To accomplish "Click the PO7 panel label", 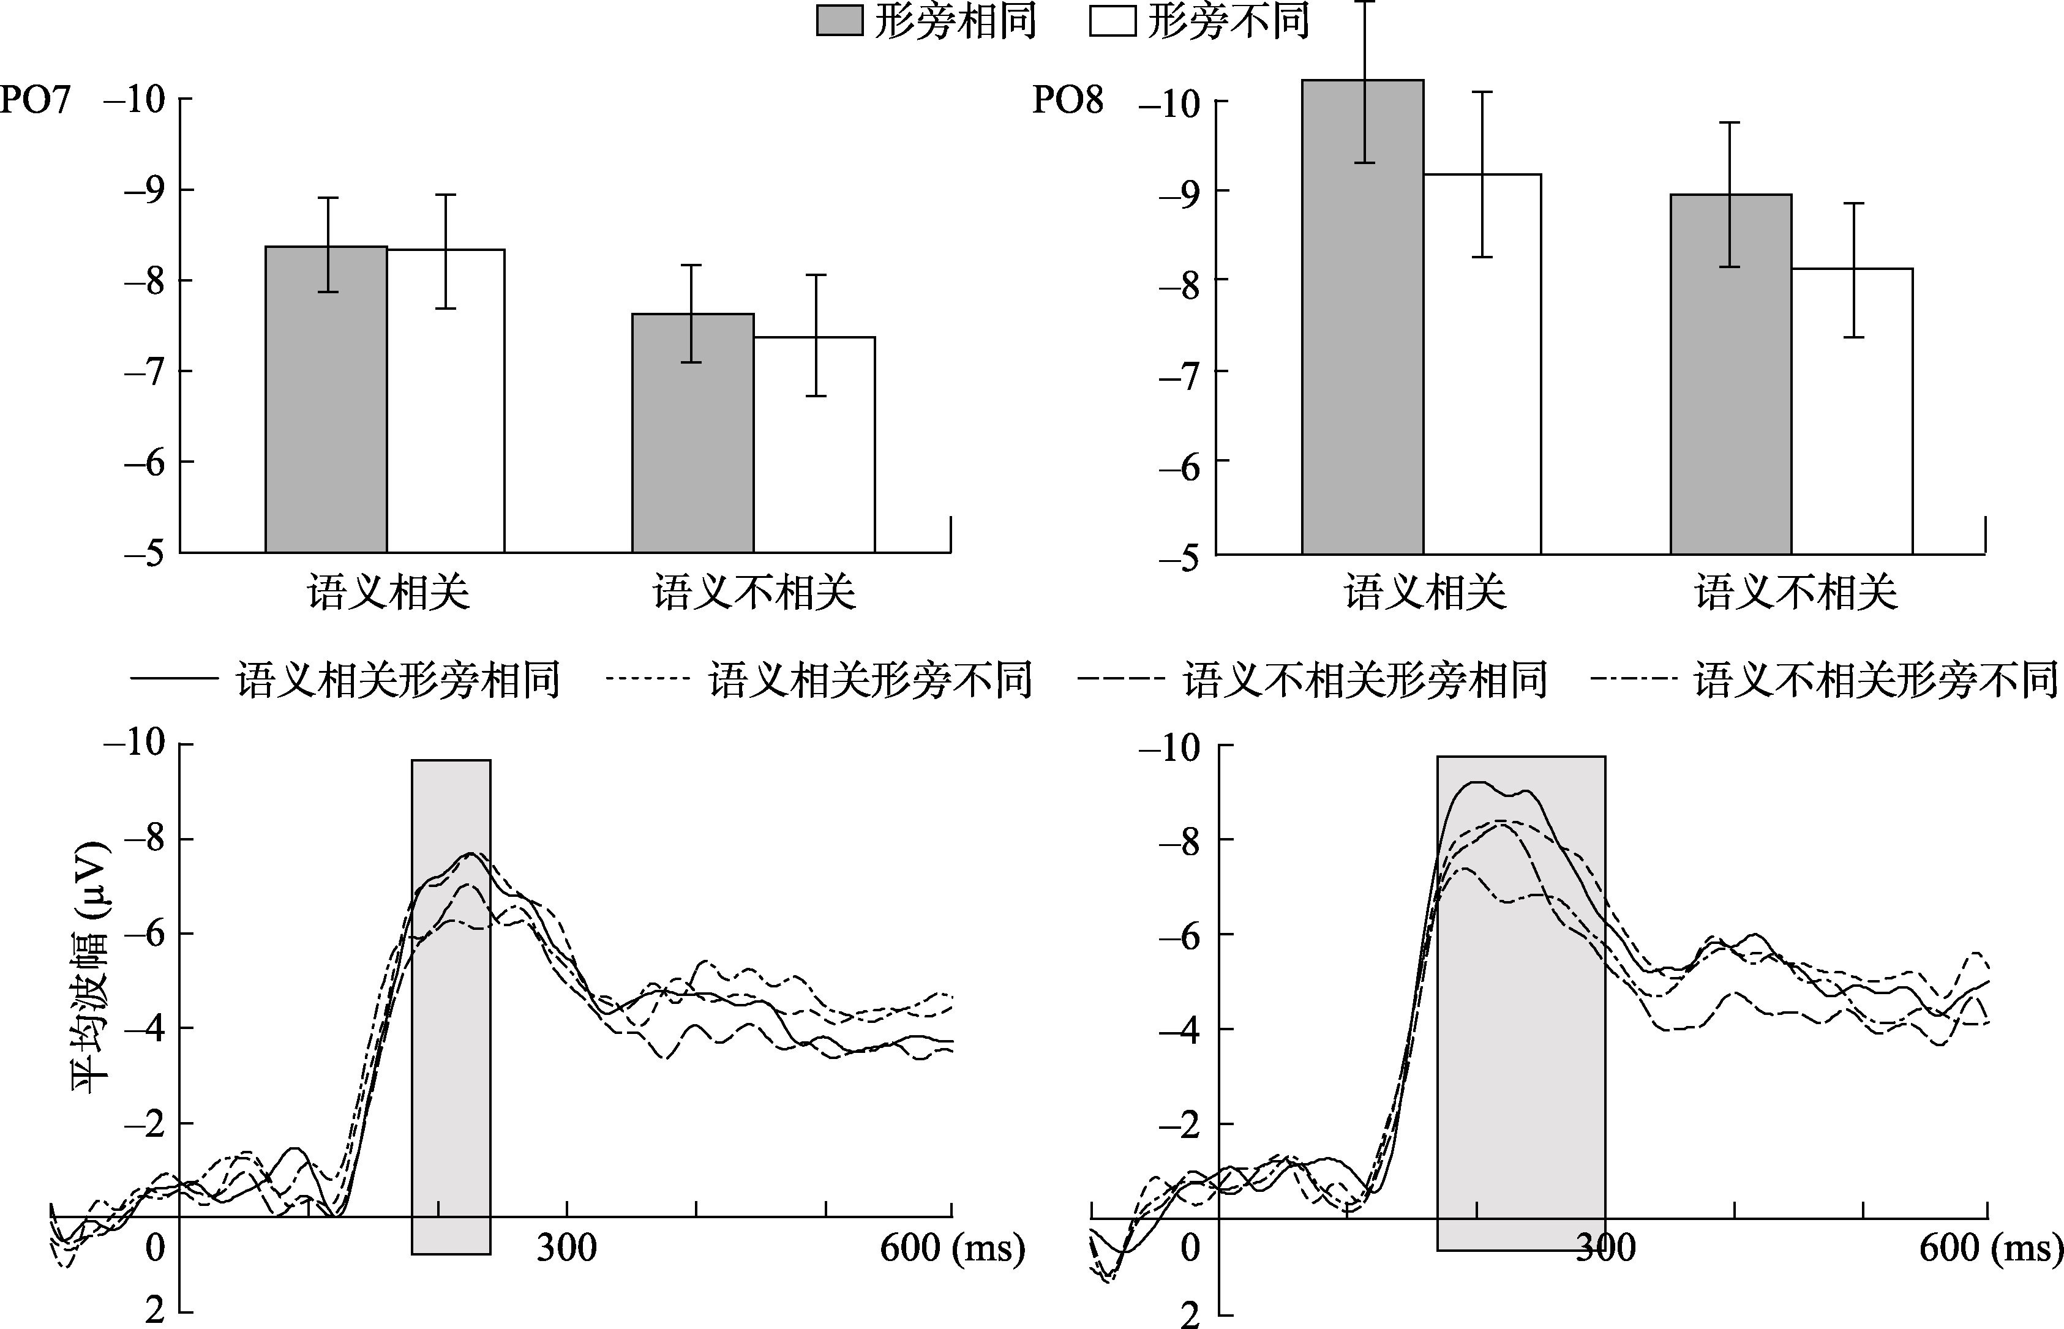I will pos(34,100).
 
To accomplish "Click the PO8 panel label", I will pos(1068,101).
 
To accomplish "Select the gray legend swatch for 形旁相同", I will pos(839,21).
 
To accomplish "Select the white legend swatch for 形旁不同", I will pos(1112,21).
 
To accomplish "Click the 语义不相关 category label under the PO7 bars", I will pos(754,593).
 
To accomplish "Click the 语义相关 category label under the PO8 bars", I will pos(1424,593).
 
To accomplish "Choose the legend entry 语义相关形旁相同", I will pos(398,680).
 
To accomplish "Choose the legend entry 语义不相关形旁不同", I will pos(1875,680).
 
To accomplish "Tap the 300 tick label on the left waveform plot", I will pos(566,1248).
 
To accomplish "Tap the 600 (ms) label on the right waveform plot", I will pos(1990,1248).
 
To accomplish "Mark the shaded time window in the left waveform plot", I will pos(451,1006).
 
